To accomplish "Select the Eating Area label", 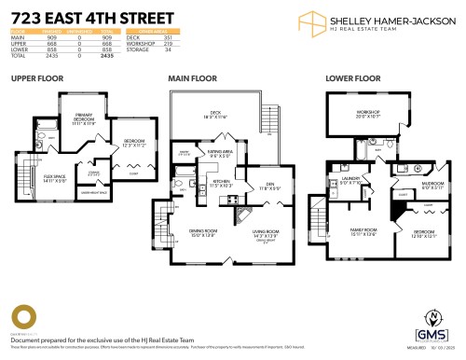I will [221, 154].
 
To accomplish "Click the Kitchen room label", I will [222, 180].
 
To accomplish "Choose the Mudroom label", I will [407, 184].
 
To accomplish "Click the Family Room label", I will [363, 229].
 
